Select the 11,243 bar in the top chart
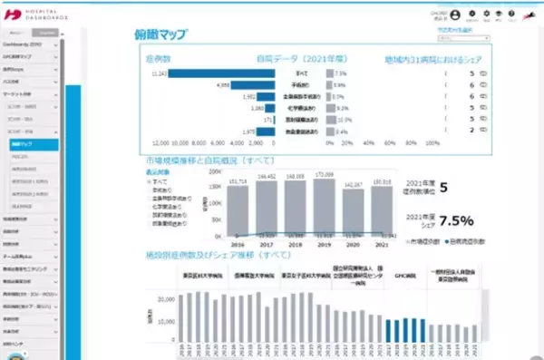[222, 73]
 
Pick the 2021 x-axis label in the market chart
[383, 245]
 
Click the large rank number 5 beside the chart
[443, 189]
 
